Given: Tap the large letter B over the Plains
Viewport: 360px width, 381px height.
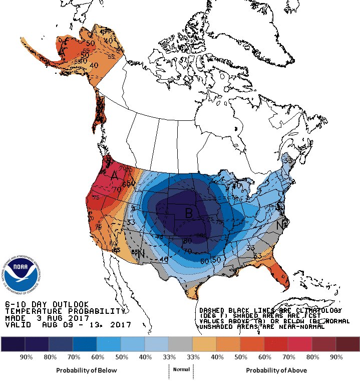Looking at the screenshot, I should pos(189,213).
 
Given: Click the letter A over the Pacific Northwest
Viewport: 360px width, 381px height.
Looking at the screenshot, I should pos(114,176).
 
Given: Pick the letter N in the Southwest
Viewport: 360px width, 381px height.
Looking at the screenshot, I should pos(143,253).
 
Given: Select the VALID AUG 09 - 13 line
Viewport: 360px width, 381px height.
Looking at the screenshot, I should pos(68,325).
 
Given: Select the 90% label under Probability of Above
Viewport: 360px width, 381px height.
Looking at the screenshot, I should pos(336,357).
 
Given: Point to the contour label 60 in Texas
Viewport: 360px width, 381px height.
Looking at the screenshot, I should pos(204,261).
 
